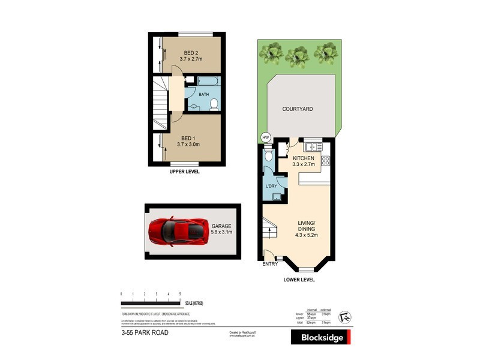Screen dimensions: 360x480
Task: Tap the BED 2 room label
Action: coord(193,53)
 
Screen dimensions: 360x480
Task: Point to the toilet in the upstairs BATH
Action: coord(214,104)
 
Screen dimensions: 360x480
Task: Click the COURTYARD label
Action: coord(298,109)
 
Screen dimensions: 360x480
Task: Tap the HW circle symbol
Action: coord(266,137)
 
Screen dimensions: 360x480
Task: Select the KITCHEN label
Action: coord(304,157)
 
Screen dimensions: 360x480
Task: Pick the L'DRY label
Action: coord(271,185)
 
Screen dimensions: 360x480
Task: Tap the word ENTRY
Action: coord(270,263)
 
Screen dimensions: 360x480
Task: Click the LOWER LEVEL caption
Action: coord(299,279)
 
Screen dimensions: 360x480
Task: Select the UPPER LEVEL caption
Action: coord(185,172)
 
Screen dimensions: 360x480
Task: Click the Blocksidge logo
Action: coord(322,338)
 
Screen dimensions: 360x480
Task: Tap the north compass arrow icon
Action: coord(345,316)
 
